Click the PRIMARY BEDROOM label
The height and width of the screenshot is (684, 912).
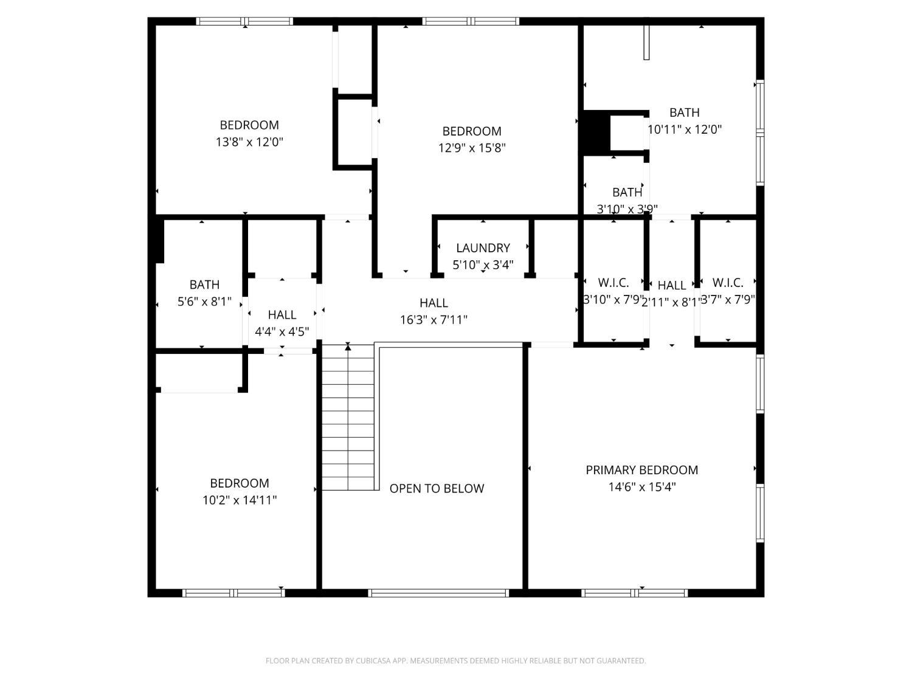click(641, 470)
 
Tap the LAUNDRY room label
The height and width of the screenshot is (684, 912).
click(483, 248)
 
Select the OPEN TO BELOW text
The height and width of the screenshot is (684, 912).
click(437, 489)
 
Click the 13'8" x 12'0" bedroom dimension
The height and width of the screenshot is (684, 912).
click(249, 142)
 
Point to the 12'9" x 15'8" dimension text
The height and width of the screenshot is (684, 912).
click(472, 148)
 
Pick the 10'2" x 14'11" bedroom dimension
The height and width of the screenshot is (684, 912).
click(240, 500)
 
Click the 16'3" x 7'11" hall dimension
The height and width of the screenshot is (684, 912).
click(434, 320)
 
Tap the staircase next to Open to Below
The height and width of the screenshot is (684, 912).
click(347, 420)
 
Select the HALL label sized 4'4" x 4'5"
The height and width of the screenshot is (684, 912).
click(282, 315)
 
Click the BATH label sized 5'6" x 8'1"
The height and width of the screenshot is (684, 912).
click(204, 285)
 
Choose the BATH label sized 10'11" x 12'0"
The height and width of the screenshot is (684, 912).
click(684, 112)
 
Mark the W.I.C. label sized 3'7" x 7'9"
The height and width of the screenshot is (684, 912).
click(727, 283)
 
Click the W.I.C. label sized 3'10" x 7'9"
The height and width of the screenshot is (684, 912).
click(613, 283)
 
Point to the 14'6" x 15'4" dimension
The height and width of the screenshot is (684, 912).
click(641, 487)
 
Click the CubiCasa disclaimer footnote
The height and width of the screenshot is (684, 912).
click(455, 661)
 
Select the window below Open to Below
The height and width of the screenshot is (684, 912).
click(438, 593)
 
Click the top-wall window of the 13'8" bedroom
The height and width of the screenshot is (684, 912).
click(244, 21)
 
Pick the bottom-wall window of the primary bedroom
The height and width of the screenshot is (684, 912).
click(634, 593)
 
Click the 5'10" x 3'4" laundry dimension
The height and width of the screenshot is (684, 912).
click(483, 265)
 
